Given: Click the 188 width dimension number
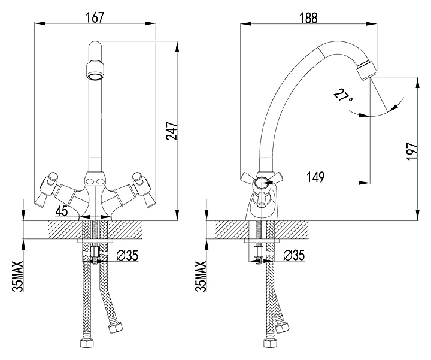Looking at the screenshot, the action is tap(308, 17).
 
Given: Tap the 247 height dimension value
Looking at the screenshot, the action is tap(172, 131).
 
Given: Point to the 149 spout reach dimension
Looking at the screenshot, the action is tap(315, 177).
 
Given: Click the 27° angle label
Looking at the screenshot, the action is tap(343, 96).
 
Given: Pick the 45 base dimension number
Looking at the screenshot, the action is tap(62, 211).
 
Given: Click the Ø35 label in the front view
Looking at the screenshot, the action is tap(127, 256).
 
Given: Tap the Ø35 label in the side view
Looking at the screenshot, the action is tap(294, 255).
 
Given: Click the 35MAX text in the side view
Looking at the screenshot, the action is tap(201, 276).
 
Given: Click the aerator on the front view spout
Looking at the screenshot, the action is tap(95, 71).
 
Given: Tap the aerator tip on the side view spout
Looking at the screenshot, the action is tap(366, 71).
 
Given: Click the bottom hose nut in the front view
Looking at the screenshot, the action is tap(87, 343).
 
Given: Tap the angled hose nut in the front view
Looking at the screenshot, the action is tap(115, 327).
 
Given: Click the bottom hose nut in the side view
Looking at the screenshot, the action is tap(270, 343).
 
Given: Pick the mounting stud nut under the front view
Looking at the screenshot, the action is tap(95, 251).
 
